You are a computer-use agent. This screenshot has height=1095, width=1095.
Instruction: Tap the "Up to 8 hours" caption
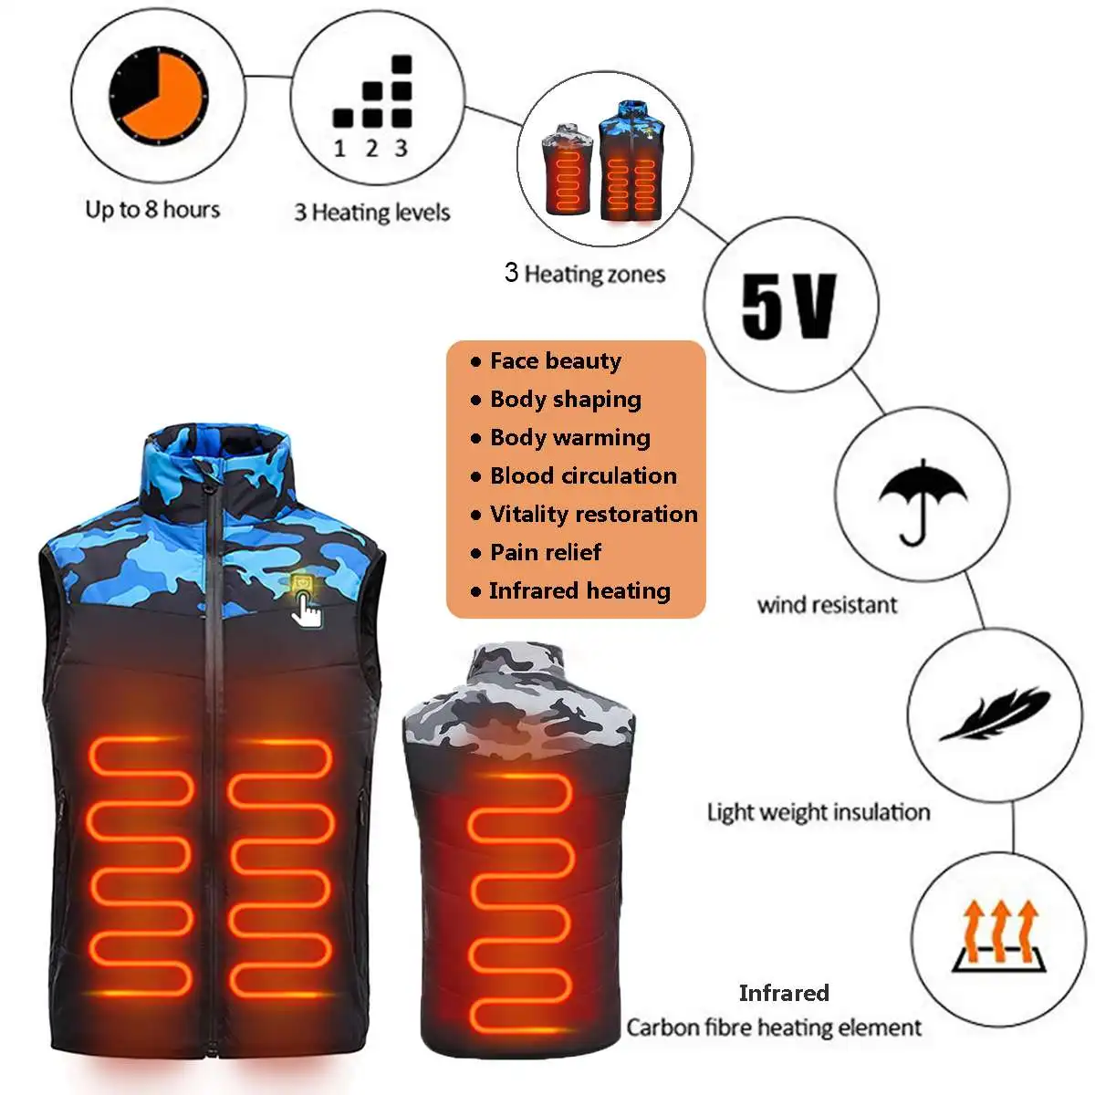click(152, 210)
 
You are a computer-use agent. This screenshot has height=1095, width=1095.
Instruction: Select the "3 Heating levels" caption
click(371, 213)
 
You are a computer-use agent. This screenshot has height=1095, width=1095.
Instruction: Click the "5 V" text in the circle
click(788, 306)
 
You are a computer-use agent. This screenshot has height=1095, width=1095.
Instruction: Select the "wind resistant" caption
click(827, 604)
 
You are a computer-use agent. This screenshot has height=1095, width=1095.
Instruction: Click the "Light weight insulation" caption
click(819, 812)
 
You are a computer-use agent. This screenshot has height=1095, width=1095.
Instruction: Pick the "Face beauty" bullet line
click(555, 361)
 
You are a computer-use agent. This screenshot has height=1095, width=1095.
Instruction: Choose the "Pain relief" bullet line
click(545, 552)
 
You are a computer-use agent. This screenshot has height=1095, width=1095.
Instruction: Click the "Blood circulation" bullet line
click(582, 475)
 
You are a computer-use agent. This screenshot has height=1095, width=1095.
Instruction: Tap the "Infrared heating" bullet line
click(579, 590)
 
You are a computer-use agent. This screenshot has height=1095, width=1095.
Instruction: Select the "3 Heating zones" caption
click(585, 273)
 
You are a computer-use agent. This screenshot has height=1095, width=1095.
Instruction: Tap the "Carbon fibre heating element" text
click(774, 1027)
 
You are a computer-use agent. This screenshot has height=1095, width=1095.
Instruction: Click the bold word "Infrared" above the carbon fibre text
click(784, 993)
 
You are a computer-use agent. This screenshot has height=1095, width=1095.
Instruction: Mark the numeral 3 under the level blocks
click(401, 149)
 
